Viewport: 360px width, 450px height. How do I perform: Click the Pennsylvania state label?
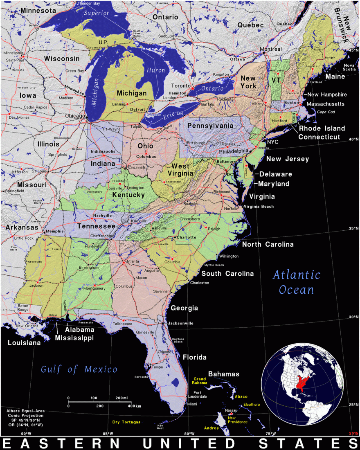(210, 126)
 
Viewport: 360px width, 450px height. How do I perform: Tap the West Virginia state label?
(180, 170)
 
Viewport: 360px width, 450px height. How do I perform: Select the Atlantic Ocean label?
(297, 282)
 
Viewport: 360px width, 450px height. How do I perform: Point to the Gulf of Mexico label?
(79, 369)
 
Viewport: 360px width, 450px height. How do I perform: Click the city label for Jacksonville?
(180, 323)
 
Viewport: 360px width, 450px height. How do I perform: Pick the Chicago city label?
(75, 116)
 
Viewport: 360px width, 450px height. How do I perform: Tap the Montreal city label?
(271, 49)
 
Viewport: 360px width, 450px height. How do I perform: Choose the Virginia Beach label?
(259, 206)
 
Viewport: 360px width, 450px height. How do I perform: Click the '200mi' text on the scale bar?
(122, 398)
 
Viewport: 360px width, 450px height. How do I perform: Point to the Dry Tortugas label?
(126, 422)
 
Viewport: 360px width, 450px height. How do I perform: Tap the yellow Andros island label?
(211, 428)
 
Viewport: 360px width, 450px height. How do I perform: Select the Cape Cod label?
(326, 112)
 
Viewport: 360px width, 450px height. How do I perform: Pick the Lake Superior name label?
(97, 13)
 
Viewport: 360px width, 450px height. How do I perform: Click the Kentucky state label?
(128, 195)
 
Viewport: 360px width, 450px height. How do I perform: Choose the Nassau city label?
(232, 410)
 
